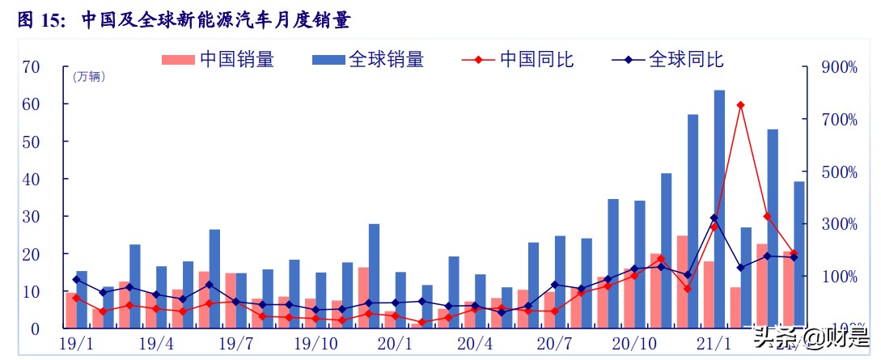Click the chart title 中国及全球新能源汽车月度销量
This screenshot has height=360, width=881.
[x=216, y=21]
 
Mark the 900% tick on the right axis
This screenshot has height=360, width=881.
[x=839, y=67]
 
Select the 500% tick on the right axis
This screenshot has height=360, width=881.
[x=839, y=172]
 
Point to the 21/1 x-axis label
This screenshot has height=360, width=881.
[x=715, y=344]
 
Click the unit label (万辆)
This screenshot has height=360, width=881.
[x=88, y=77]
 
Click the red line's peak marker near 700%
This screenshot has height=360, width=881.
[x=740, y=105]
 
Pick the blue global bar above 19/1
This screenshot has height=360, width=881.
[x=82, y=299]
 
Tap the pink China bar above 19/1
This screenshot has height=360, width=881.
[x=71, y=310]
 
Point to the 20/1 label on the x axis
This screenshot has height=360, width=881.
[x=396, y=344]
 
